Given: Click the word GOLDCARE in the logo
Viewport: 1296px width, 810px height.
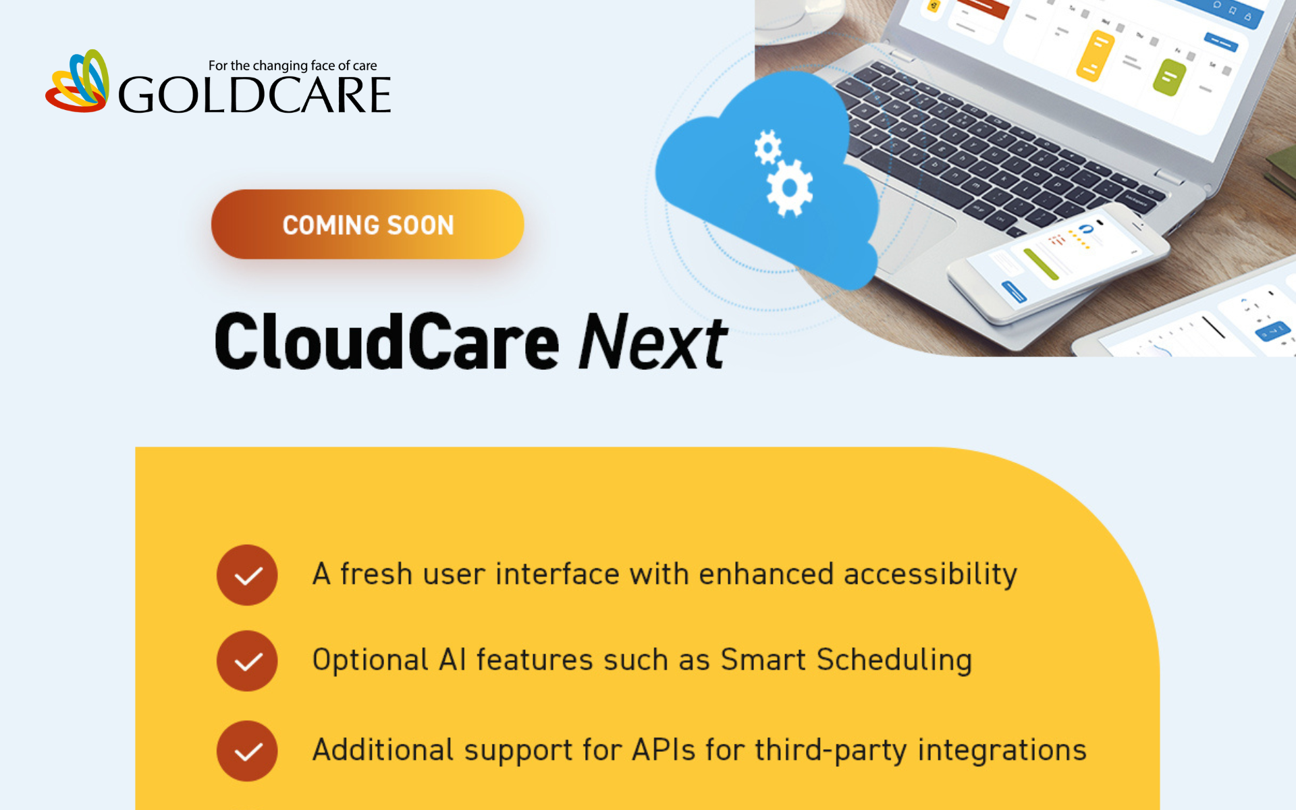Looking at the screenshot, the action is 254,94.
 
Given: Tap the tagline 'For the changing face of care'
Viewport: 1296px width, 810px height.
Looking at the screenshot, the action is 292,65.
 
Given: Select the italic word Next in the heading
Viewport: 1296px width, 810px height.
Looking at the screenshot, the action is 653,342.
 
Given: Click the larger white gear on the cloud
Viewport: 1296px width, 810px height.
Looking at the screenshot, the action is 789,188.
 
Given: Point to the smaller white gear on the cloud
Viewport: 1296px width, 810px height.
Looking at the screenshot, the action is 768,147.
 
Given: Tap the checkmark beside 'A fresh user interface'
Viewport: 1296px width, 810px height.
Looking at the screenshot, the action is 247,575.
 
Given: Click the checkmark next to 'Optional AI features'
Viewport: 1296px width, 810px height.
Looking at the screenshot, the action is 247,661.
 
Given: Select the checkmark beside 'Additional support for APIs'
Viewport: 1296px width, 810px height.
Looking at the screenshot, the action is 247,751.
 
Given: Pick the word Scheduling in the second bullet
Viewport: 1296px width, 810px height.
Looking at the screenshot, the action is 894,660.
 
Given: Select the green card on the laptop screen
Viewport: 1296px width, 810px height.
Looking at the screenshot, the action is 1170,77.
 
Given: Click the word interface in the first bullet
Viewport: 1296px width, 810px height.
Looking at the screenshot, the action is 558,574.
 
